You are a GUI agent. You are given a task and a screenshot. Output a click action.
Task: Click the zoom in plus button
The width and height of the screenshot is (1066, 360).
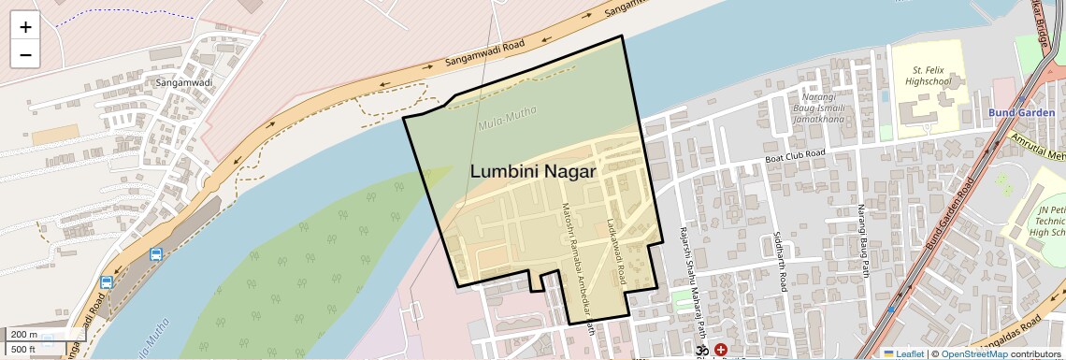coord(25,27)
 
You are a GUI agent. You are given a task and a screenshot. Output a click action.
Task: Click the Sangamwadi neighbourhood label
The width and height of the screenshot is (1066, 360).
coord(181,82)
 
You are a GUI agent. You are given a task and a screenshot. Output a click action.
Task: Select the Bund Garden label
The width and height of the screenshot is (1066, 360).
coord(1014,112)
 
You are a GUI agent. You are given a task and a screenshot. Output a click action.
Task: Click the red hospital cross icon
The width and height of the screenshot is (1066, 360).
coord(720,350)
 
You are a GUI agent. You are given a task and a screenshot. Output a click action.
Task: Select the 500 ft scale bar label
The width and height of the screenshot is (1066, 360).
coord(23,350)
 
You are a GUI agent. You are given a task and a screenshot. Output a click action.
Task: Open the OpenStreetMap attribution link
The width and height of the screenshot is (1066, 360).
coord(974,353)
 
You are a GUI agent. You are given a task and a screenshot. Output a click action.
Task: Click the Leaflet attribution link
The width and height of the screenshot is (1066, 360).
coord(903,353)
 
